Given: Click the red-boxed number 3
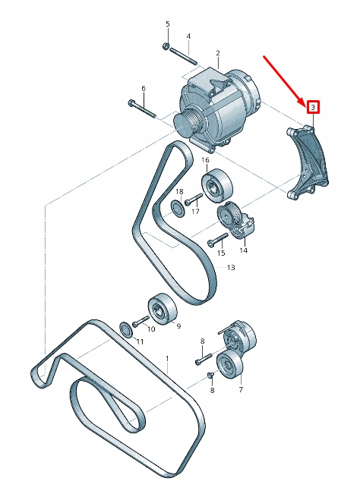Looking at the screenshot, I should pyautogui.click(x=311, y=108).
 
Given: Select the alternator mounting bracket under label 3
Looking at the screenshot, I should pyautogui.click(x=308, y=163).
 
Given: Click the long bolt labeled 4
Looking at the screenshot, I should pyautogui.click(x=184, y=55).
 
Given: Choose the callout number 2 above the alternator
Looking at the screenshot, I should pyautogui.click(x=217, y=54).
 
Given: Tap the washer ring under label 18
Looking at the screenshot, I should pyautogui.click(x=175, y=207).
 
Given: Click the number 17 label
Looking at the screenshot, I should pyautogui.click(x=195, y=212).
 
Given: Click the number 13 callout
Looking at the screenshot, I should pyautogui.click(x=231, y=268).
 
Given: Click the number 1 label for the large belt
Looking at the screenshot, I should pyautogui.click(x=168, y=357).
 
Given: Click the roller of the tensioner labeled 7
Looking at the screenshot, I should pyautogui.click(x=229, y=367).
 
